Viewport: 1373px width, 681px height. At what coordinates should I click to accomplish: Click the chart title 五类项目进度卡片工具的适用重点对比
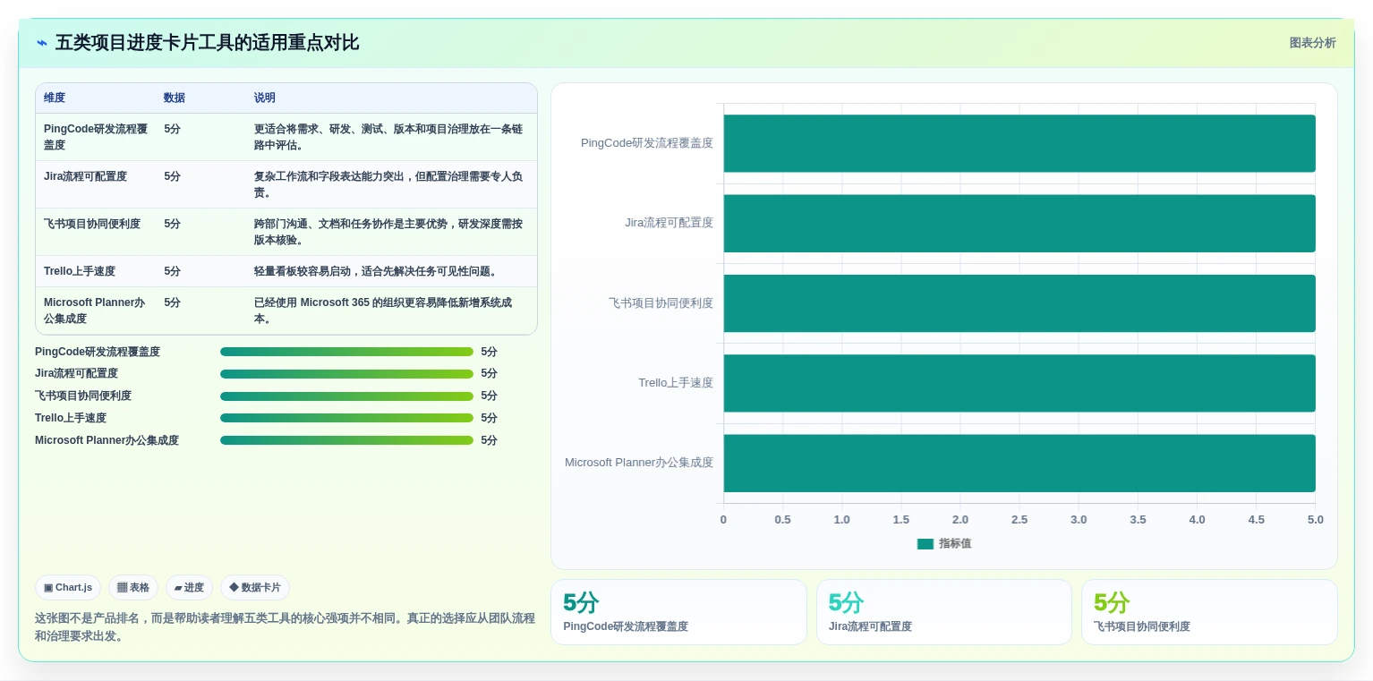click(x=207, y=43)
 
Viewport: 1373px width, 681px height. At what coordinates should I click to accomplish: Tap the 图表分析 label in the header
click(x=1312, y=43)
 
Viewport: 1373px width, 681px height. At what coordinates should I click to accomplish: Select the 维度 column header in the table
click(x=55, y=98)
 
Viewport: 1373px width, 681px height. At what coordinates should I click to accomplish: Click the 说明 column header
click(x=265, y=98)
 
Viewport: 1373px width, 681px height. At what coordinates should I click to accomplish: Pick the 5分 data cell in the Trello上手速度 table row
click(x=172, y=271)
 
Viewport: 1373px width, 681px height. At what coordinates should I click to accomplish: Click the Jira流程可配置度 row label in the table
click(x=85, y=176)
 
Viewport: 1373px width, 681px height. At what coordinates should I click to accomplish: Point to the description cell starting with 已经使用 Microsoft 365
click(x=383, y=311)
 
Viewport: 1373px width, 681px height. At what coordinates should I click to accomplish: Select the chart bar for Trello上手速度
click(x=1019, y=383)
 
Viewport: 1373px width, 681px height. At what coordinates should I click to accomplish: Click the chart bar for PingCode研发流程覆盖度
click(x=1019, y=143)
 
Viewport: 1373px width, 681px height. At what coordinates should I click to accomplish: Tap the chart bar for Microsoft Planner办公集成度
click(x=1019, y=464)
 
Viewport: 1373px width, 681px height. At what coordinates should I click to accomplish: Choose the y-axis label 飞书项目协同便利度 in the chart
click(x=661, y=302)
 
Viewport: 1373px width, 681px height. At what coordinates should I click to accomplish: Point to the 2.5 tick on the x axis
click(x=1019, y=520)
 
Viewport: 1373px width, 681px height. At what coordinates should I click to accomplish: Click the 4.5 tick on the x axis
click(x=1256, y=520)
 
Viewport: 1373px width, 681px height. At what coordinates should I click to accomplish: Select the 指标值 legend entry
click(x=944, y=544)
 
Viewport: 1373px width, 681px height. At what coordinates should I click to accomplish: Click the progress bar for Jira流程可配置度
click(x=346, y=374)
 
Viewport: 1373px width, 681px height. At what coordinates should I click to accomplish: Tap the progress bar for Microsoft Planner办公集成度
click(x=346, y=440)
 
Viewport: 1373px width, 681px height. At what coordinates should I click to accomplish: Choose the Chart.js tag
click(x=68, y=587)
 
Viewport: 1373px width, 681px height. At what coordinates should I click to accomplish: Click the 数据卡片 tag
click(x=255, y=587)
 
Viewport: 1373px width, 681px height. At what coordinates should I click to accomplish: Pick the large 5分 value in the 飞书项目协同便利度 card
click(x=1112, y=602)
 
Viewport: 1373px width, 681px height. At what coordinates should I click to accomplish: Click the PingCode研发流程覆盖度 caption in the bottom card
click(x=626, y=626)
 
